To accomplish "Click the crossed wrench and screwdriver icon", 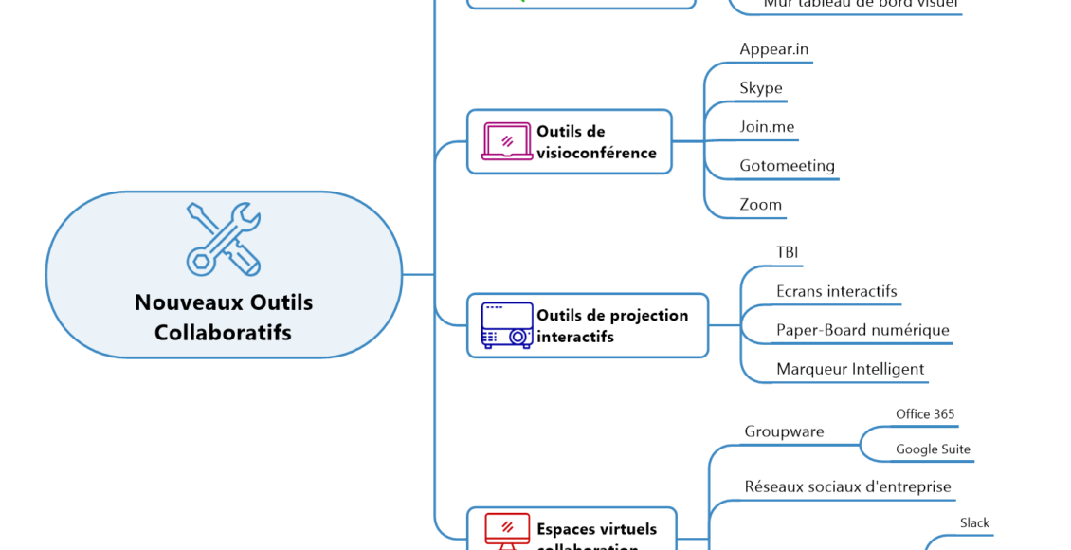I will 224,239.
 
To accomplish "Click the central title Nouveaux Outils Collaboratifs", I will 224,318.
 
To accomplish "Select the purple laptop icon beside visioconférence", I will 507,141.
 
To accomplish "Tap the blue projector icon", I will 507,325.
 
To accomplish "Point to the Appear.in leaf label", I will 773,49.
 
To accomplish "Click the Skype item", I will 761,88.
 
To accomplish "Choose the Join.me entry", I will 767,127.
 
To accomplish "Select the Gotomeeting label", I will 787,166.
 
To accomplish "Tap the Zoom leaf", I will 761,205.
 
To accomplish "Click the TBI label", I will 787,252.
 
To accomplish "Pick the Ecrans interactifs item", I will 836,291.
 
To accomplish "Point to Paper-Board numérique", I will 862,330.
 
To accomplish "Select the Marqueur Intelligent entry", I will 850,369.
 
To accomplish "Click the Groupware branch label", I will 784,431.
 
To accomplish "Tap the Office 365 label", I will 925,414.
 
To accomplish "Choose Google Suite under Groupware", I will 933,449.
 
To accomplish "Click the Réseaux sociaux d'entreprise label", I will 847,487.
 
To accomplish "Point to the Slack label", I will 974,523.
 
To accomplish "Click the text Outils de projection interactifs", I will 612,325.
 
